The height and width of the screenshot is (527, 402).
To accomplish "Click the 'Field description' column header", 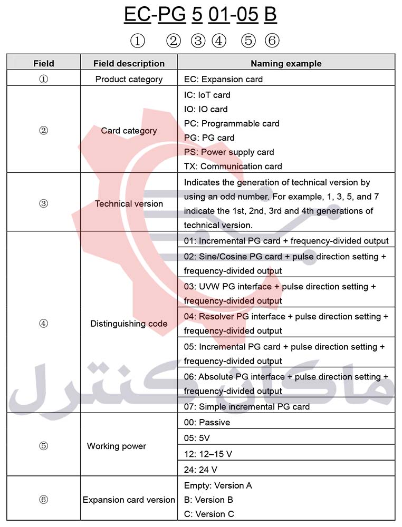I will click(129, 63).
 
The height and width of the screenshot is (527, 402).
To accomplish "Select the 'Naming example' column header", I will click(286, 63).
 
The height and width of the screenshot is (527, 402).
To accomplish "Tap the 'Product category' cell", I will click(129, 79).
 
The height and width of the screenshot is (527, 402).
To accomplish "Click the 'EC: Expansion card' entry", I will click(223, 79).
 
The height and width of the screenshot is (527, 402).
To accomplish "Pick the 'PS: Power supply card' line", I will click(229, 152).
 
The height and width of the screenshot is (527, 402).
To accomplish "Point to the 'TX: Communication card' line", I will click(233, 166).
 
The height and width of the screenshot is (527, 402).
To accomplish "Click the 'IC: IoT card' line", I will click(207, 95).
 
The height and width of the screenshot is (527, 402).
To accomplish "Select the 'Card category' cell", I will click(129, 131).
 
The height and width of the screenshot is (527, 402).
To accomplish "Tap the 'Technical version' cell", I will click(129, 203).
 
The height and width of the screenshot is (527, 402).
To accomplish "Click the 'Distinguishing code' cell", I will click(129, 324).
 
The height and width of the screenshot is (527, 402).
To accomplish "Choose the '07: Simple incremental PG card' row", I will click(246, 406).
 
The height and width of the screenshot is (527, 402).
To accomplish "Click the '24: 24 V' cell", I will click(200, 469).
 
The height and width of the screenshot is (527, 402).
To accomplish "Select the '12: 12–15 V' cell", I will click(208, 453).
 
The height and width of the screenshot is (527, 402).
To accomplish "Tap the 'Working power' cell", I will click(116, 446).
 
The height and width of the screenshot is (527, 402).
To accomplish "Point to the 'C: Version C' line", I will click(208, 514).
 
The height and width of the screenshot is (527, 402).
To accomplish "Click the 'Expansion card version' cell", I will click(129, 500).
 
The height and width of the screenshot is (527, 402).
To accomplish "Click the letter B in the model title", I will click(270, 14).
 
